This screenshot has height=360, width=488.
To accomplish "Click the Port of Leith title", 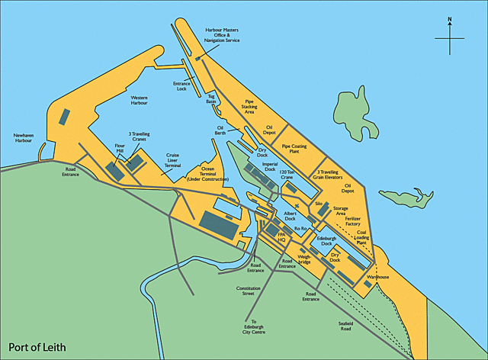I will point(37,347).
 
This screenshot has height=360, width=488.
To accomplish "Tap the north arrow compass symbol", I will point(450,36).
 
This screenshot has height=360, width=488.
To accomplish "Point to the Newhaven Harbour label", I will point(24,139).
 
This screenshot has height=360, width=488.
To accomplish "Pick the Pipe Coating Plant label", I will point(295,148).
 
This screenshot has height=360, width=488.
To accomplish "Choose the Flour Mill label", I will point(120,148).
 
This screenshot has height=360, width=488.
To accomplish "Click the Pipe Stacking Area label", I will point(250,107).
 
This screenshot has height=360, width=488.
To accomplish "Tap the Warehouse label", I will point(377,277).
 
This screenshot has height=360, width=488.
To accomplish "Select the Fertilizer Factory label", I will point(352,221).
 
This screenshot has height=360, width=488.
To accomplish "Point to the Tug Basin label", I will point(211,98).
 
